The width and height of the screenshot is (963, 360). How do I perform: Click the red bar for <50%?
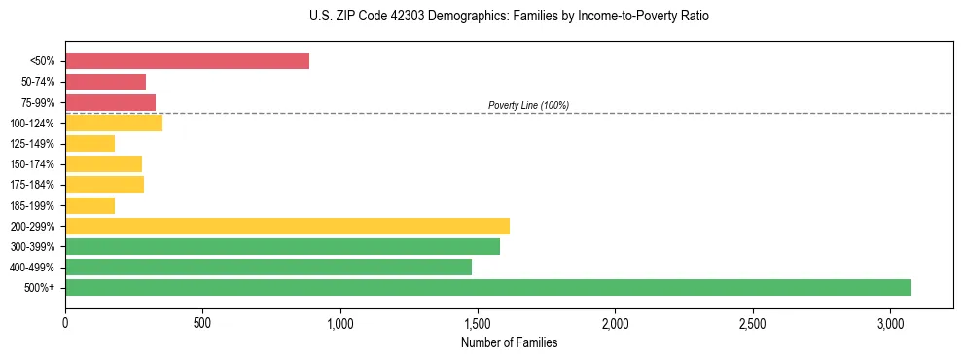[x=187, y=61]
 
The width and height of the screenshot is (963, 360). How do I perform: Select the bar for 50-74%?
[x=105, y=82]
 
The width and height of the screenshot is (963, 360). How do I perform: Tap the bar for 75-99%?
[x=110, y=102]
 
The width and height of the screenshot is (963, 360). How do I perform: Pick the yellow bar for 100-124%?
[x=114, y=123]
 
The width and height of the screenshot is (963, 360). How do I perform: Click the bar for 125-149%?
[x=89, y=144]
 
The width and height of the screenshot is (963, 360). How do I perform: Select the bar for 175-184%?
[x=104, y=185]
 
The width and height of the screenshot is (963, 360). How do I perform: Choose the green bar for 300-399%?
[x=282, y=246]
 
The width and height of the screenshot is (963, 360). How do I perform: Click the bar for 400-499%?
[x=268, y=267]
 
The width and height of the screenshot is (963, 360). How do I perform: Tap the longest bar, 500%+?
[x=488, y=287]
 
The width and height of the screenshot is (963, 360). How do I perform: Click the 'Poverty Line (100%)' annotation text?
[x=528, y=105]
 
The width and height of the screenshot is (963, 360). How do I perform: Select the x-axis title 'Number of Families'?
[x=509, y=342]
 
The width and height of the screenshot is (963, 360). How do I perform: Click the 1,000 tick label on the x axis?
[x=340, y=322]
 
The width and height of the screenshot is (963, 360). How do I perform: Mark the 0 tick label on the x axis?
[x=65, y=322]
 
